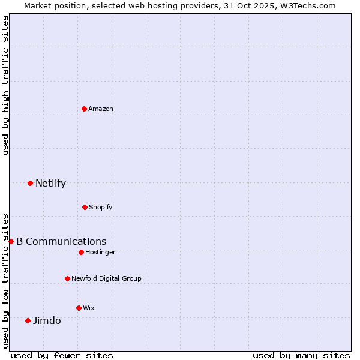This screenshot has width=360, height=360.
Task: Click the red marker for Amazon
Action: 84,109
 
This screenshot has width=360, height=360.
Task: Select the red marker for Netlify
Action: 30,183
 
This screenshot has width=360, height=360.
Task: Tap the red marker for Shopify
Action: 85,207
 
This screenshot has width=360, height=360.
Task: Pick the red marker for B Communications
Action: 11,241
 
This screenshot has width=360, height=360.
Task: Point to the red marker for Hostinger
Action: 81,252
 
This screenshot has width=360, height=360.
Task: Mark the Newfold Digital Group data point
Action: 67,278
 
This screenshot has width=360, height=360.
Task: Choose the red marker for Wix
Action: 79,308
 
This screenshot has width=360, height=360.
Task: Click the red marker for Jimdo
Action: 28,320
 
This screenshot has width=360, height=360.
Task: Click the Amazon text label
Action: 101,109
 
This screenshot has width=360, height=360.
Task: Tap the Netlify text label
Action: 50,183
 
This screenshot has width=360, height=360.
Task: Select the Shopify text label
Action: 101,207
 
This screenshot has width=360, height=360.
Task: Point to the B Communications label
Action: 61,241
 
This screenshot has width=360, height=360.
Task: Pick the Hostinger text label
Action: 100,252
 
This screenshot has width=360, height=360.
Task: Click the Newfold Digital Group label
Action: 106,278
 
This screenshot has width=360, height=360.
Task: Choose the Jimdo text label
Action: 47,320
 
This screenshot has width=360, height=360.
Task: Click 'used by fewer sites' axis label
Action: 62,355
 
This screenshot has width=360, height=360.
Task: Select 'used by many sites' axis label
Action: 301,355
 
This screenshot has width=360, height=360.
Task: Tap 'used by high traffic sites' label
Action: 5,85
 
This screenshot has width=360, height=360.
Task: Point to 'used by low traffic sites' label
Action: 5,281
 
